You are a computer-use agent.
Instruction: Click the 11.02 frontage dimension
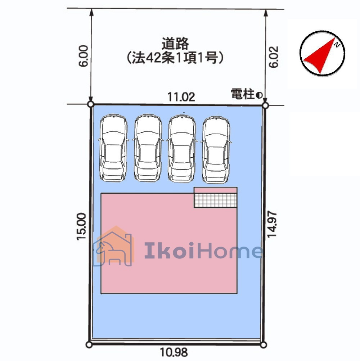(x=181, y=97)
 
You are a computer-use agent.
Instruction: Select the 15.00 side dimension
(x=81, y=227)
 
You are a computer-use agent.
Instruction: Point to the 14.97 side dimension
(x=272, y=224)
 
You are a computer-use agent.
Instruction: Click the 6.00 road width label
(x=84, y=56)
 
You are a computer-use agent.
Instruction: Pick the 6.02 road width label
(x=274, y=57)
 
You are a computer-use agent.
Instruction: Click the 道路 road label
(x=175, y=44)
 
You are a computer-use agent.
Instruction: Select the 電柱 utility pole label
(x=242, y=94)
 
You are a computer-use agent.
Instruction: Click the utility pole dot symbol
(x=259, y=95)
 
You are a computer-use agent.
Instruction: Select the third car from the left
(x=182, y=149)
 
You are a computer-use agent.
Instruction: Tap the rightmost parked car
(x=216, y=150)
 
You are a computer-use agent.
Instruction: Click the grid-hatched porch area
(x=216, y=200)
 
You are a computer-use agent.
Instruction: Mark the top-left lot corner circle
(x=91, y=104)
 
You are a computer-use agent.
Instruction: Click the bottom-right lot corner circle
(x=264, y=345)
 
